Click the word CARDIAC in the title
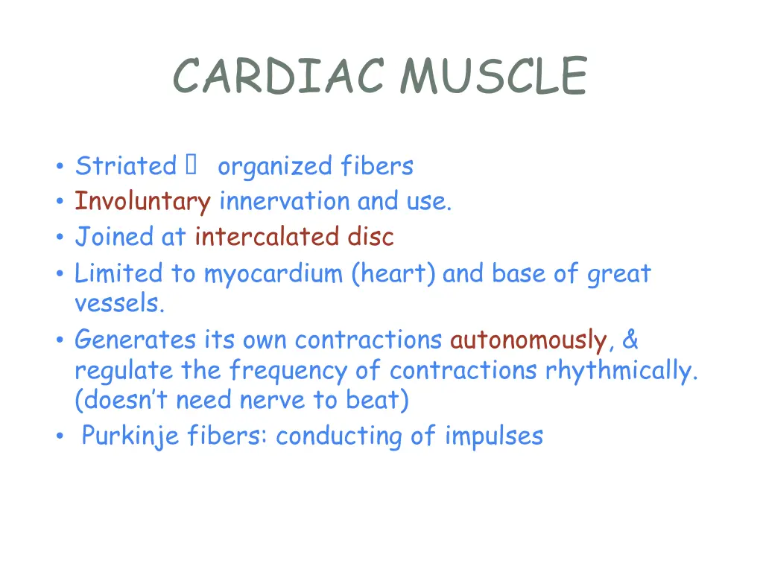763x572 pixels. [279, 77]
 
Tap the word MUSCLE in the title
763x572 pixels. [493, 77]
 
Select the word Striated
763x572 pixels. [125, 165]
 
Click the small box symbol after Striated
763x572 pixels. [189, 165]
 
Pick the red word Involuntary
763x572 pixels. [142, 202]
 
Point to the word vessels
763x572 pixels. [118, 303]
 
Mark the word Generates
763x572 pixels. [136, 340]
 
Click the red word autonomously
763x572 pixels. [528, 341]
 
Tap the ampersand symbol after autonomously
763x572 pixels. [630, 340]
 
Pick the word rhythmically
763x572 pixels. [621, 371]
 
